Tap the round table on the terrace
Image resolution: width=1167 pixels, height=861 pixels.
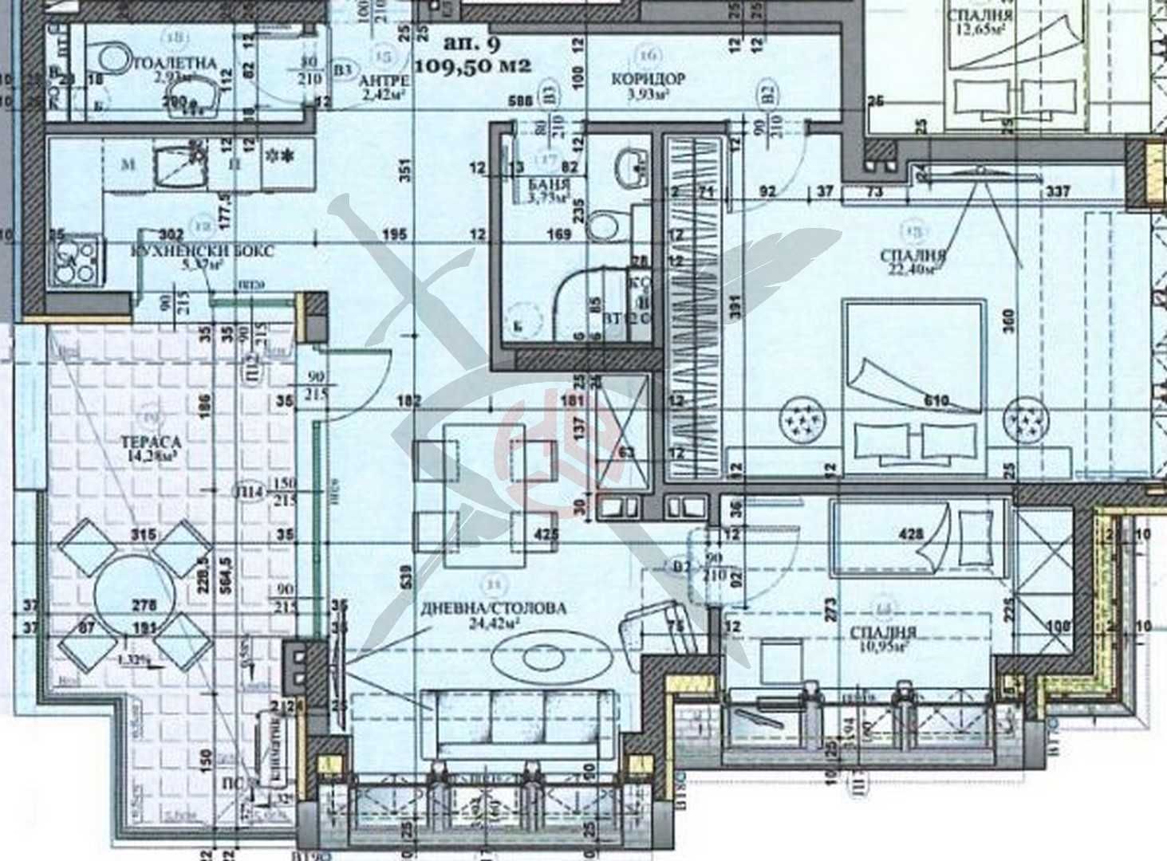click(x=128, y=591)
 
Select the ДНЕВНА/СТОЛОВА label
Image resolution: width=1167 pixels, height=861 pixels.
click(x=506, y=608)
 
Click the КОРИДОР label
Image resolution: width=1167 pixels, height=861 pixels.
click(x=648, y=79)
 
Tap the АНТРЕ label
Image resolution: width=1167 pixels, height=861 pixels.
click(x=385, y=81)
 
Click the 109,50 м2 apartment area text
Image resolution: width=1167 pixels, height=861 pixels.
click(x=473, y=67)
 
